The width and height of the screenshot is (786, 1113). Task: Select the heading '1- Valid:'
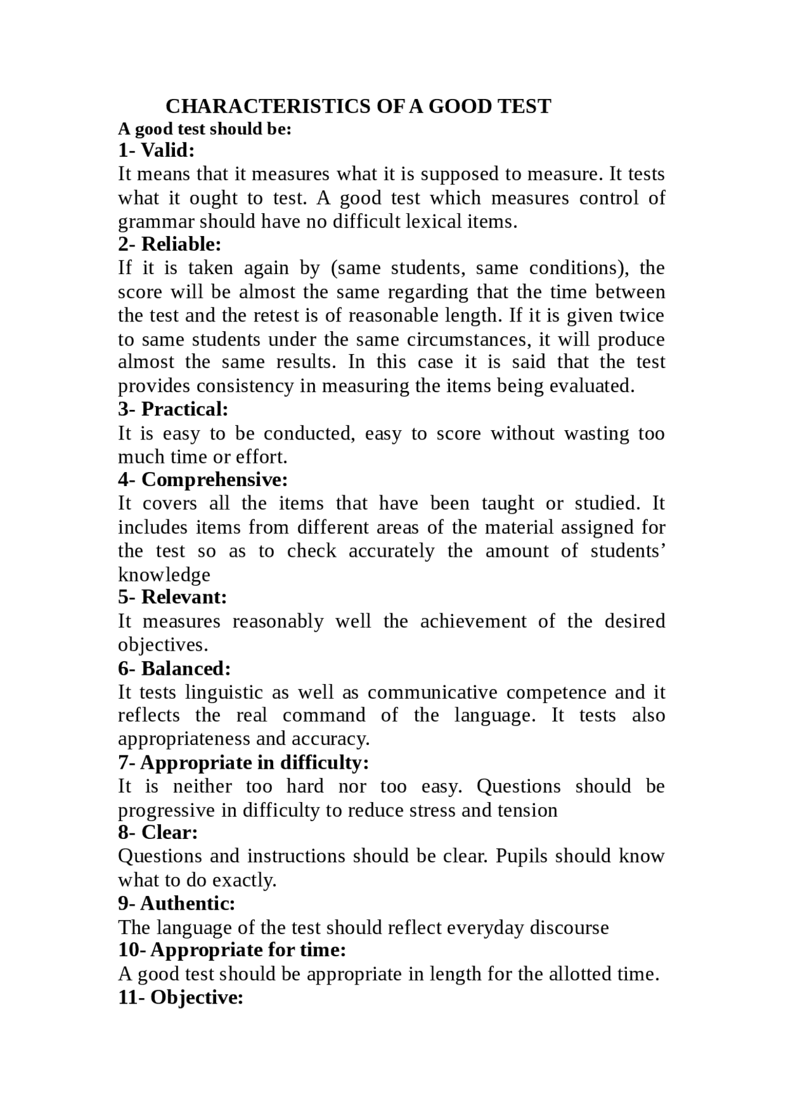tap(156, 150)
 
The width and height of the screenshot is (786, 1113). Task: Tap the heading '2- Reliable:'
tap(169, 244)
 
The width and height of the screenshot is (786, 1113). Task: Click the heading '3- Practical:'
tap(173, 409)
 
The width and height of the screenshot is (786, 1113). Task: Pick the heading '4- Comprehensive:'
tap(203, 479)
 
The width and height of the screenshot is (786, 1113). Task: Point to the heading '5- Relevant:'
tap(173, 597)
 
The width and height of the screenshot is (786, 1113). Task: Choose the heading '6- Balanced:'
tap(174, 669)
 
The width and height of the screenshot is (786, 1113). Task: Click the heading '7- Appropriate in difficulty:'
tap(243, 763)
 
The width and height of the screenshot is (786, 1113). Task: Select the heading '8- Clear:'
tap(158, 833)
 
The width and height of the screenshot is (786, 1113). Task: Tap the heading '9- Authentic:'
tap(177, 903)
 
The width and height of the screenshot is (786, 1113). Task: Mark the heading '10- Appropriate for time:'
tap(232, 950)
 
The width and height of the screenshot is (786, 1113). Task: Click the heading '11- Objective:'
tap(181, 997)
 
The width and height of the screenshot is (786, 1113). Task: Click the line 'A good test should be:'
tap(204, 130)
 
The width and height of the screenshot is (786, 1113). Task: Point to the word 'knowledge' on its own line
tap(164, 575)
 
